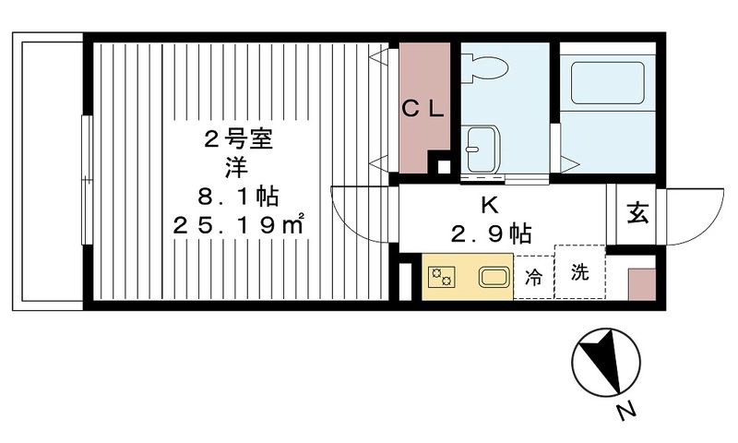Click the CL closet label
point(423,108)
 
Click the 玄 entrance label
point(638,213)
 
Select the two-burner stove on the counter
point(441,276)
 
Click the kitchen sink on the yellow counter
point(494,276)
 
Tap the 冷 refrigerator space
point(533,276)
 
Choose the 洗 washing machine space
point(578,273)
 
